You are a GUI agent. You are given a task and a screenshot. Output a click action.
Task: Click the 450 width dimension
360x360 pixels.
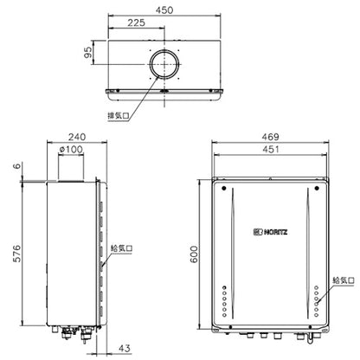pyautogui.click(x=164, y=10)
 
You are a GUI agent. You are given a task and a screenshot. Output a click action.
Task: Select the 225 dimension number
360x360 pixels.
pyautogui.click(x=136, y=22)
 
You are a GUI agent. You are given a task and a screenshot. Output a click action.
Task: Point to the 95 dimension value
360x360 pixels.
pyautogui.click(x=88, y=52)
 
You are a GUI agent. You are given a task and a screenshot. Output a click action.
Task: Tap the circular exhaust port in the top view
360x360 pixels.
pyautogui.click(x=164, y=64)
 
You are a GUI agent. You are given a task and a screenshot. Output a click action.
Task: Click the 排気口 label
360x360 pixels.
pyautogui.click(x=119, y=116)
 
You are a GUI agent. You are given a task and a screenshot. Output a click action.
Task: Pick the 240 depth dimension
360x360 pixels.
pyautogui.click(x=77, y=137)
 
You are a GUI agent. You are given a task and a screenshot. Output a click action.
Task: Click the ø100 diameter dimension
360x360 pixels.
pyautogui.click(x=71, y=150)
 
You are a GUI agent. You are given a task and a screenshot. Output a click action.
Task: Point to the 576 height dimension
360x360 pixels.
pyautogui.click(x=17, y=254)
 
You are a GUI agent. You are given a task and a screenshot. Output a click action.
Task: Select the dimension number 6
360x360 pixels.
pyautogui.click(x=18, y=166)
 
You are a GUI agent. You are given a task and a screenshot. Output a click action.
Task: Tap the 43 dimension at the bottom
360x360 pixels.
pyautogui.click(x=125, y=348)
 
